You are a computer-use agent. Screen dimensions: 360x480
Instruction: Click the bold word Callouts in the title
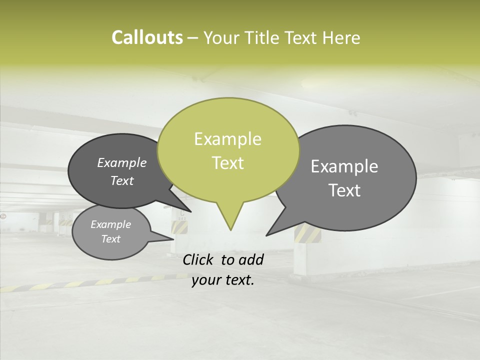[147, 37]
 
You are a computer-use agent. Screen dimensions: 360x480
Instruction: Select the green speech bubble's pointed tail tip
[230, 229]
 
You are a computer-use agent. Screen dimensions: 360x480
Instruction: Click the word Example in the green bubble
[227, 139]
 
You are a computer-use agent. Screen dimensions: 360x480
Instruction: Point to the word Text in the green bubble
[227, 163]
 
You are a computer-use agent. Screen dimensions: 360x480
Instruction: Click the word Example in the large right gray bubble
[344, 166]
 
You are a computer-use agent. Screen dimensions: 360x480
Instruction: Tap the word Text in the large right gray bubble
[344, 190]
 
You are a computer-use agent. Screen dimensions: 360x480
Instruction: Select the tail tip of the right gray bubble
[267, 235]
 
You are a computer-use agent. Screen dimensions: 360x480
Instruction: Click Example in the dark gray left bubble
[122, 162]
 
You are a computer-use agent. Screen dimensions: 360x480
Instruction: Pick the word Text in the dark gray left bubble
[122, 180]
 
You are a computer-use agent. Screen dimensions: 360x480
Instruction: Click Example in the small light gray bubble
[111, 224]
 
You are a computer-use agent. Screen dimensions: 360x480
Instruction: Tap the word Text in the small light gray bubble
[111, 239]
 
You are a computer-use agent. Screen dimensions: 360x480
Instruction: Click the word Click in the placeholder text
[198, 259]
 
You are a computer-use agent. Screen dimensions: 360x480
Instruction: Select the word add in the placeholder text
[251, 259]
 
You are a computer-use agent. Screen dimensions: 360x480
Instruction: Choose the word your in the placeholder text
[205, 280]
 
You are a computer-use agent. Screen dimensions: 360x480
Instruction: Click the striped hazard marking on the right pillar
[303, 233]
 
